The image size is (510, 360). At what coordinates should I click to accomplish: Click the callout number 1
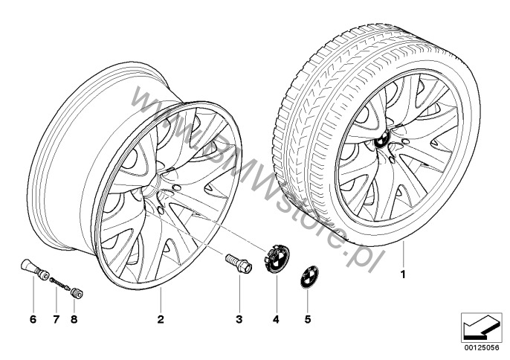point(403,274)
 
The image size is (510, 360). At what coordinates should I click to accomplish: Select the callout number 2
point(161,319)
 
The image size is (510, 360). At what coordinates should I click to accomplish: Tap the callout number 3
point(239,319)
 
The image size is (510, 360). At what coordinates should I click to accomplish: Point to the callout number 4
point(276,319)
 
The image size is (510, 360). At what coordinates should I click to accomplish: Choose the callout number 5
point(308,319)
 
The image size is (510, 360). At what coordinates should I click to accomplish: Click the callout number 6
point(33,319)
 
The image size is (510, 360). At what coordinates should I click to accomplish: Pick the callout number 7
point(56,319)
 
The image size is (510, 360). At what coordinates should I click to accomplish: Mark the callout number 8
point(74,319)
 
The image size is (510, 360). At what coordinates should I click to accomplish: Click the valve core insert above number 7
point(59,283)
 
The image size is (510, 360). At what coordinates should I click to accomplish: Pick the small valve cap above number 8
point(77,292)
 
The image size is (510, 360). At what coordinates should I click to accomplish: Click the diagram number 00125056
point(482,347)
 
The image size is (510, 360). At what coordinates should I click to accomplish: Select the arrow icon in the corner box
point(481,328)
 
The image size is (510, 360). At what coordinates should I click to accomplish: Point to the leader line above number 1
point(403,255)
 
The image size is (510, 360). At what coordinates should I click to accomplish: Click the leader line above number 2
point(161,299)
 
